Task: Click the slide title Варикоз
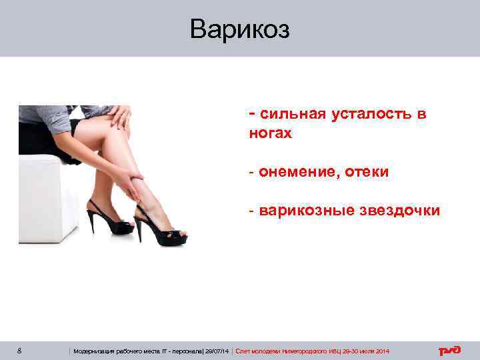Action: click(239, 29)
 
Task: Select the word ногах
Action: click(270, 133)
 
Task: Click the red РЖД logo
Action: click(449, 351)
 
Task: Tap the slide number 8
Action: click(21, 351)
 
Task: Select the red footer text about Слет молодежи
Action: click(313, 351)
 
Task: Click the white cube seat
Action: click(47, 200)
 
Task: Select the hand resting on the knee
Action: click(119, 119)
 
